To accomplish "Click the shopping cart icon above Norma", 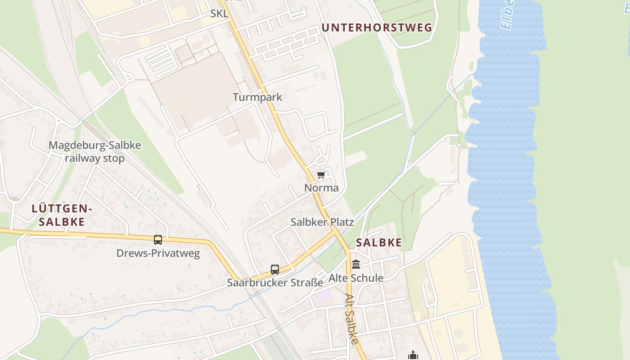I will [x=321, y=175].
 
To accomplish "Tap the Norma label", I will [x=321, y=188].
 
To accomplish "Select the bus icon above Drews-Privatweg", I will [x=157, y=240].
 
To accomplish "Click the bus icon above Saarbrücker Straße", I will [x=275, y=270].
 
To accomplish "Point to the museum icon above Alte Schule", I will [x=356, y=264].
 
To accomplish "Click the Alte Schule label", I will [x=356, y=278].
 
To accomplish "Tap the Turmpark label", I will [x=257, y=97].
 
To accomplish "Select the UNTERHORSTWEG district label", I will [x=377, y=27].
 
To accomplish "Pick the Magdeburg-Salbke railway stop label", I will [x=94, y=152].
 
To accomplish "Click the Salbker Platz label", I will [x=322, y=222].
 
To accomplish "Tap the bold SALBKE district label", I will [x=379, y=243].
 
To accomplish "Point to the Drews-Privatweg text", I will [x=158, y=253].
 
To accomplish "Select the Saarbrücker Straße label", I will [x=275, y=283].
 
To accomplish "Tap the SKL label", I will [x=219, y=13].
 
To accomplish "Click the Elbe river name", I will [x=507, y=14].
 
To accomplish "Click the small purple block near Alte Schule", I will [x=323, y=296].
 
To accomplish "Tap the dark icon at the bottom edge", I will [x=413, y=355].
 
